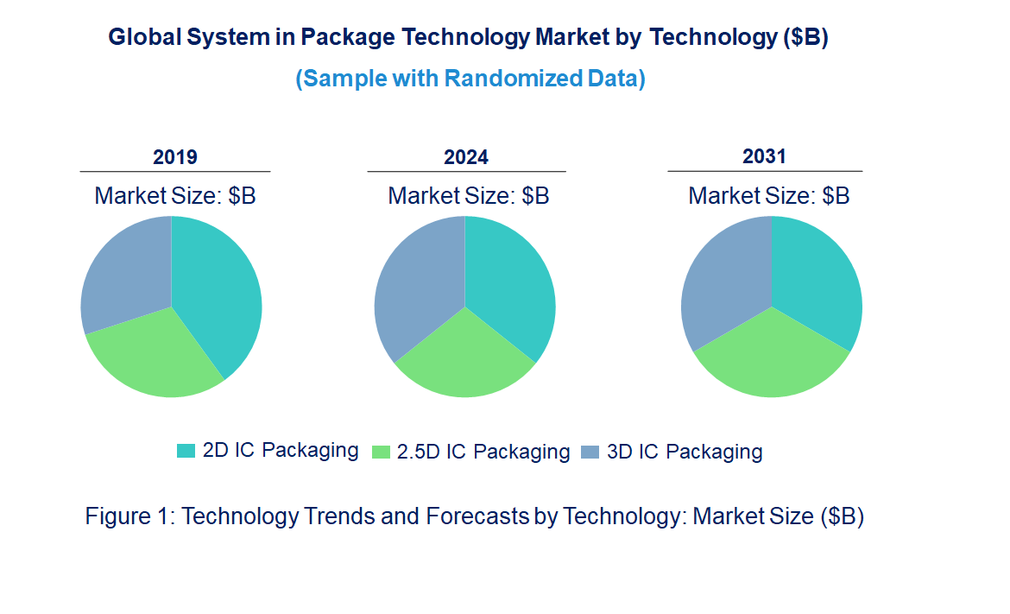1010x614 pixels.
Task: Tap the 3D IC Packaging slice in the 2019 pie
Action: (125, 272)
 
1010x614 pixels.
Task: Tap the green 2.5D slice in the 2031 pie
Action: (772, 358)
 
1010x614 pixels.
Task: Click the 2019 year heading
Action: (175, 157)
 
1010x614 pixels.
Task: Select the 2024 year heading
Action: (466, 157)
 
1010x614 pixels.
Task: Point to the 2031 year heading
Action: (764, 156)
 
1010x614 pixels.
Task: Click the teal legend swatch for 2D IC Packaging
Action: (186, 451)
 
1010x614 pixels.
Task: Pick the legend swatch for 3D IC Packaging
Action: (590, 452)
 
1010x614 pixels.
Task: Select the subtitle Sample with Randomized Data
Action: (470, 79)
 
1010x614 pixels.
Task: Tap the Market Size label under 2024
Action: (469, 196)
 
